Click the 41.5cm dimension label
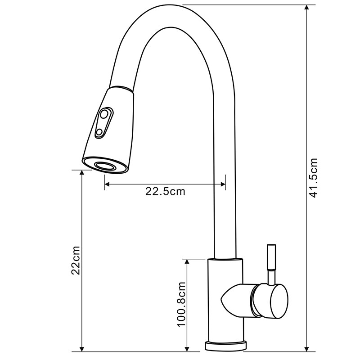(x=313, y=178)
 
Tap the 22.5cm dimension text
(x=165, y=191)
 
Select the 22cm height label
(x=76, y=261)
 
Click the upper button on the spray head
(x=104, y=114)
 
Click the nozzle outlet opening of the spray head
(x=104, y=166)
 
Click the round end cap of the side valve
(x=279, y=301)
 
